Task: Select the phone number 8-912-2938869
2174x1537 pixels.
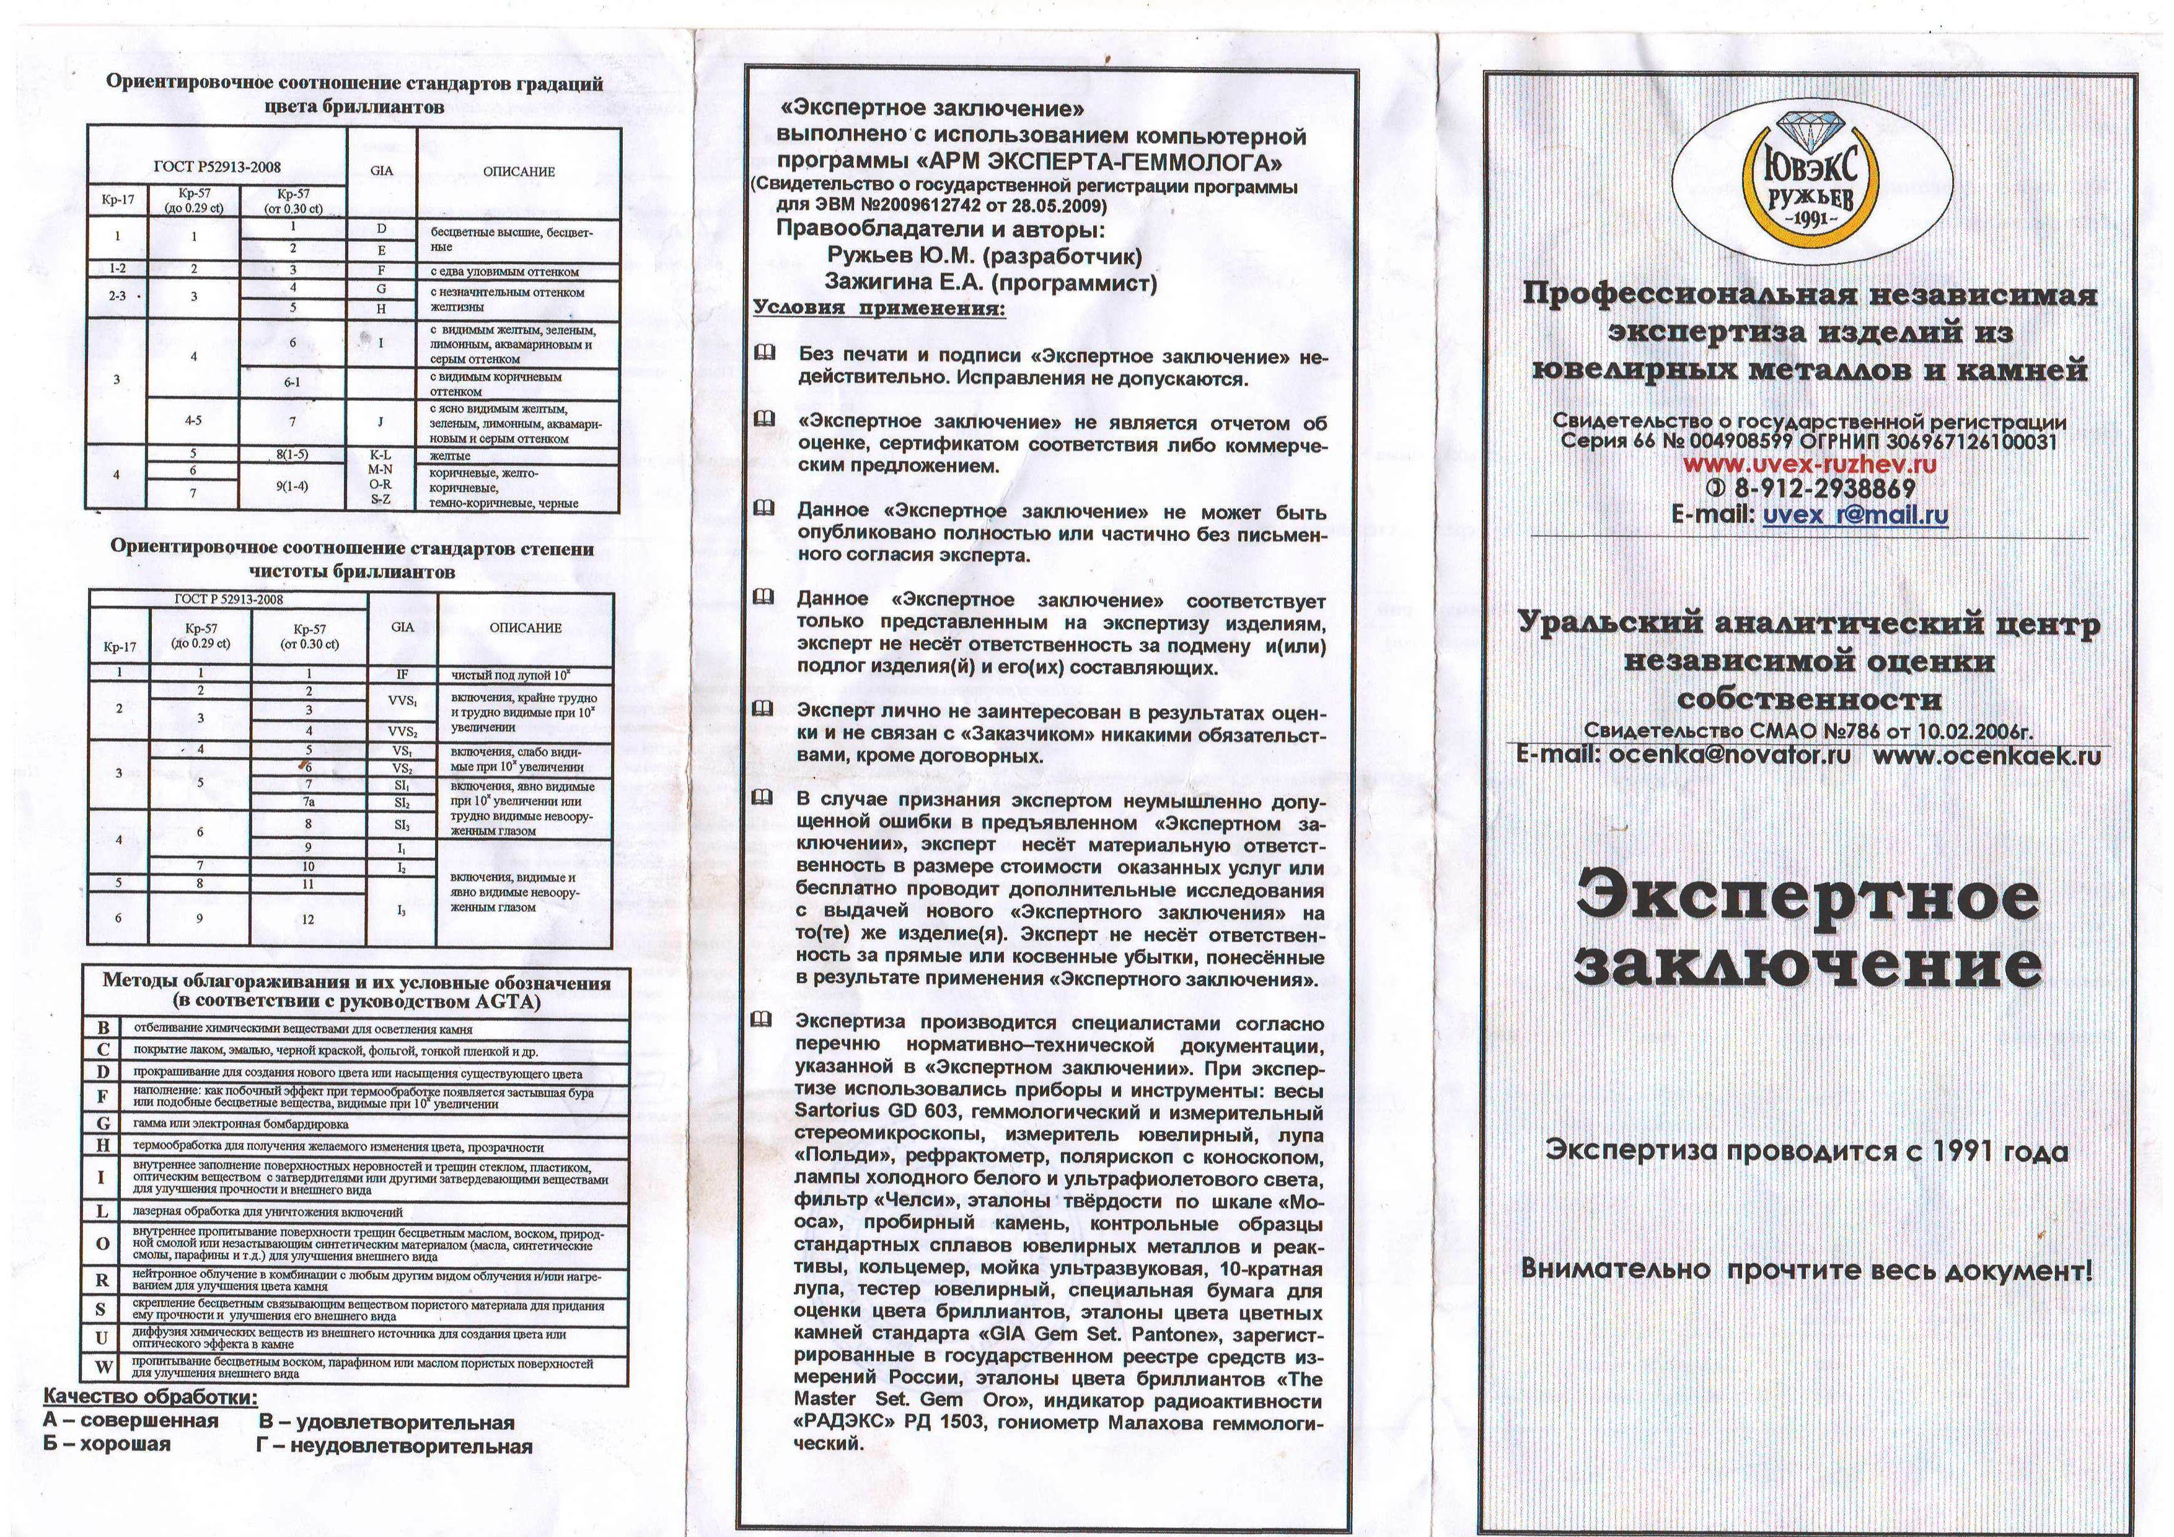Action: (1824, 488)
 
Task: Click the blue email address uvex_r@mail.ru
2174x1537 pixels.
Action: (1854, 515)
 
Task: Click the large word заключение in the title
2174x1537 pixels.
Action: (1807, 966)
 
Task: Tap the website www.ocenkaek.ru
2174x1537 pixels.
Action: (1986, 755)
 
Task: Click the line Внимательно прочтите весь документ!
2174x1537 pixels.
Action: (1806, 1269)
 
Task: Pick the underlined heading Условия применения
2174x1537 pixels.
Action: (879, 308)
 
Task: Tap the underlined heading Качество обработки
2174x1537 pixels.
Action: (149, 1397)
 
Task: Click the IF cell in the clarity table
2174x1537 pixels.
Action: (402, 675)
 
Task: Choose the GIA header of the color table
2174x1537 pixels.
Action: (382, 172)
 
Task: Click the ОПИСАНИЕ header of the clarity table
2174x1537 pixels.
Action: (526, 628)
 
